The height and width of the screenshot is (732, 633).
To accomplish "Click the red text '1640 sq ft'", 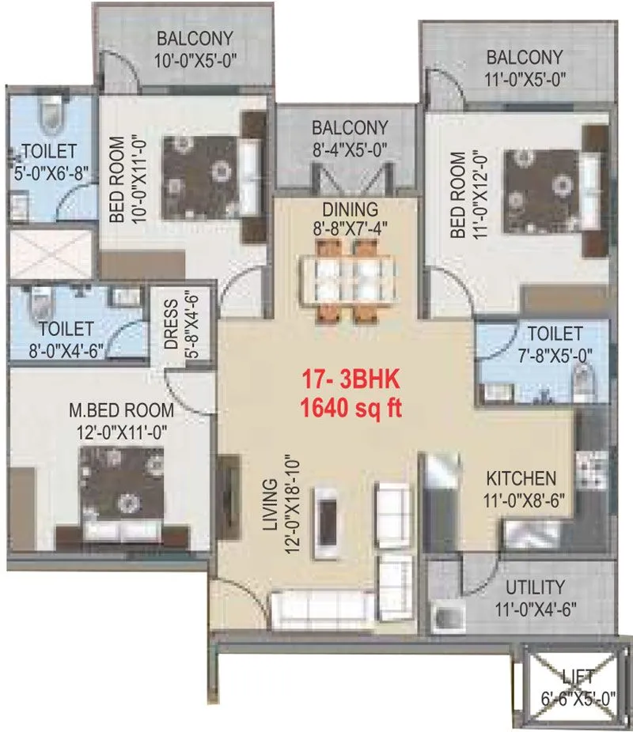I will click(351, 409).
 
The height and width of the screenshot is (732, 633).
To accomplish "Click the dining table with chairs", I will click(354, 281).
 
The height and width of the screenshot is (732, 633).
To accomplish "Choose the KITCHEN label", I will click(520, 478).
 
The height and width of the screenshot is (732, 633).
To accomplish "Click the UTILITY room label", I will click(536, 587).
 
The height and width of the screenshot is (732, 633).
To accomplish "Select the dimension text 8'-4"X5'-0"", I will click(348, 147).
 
